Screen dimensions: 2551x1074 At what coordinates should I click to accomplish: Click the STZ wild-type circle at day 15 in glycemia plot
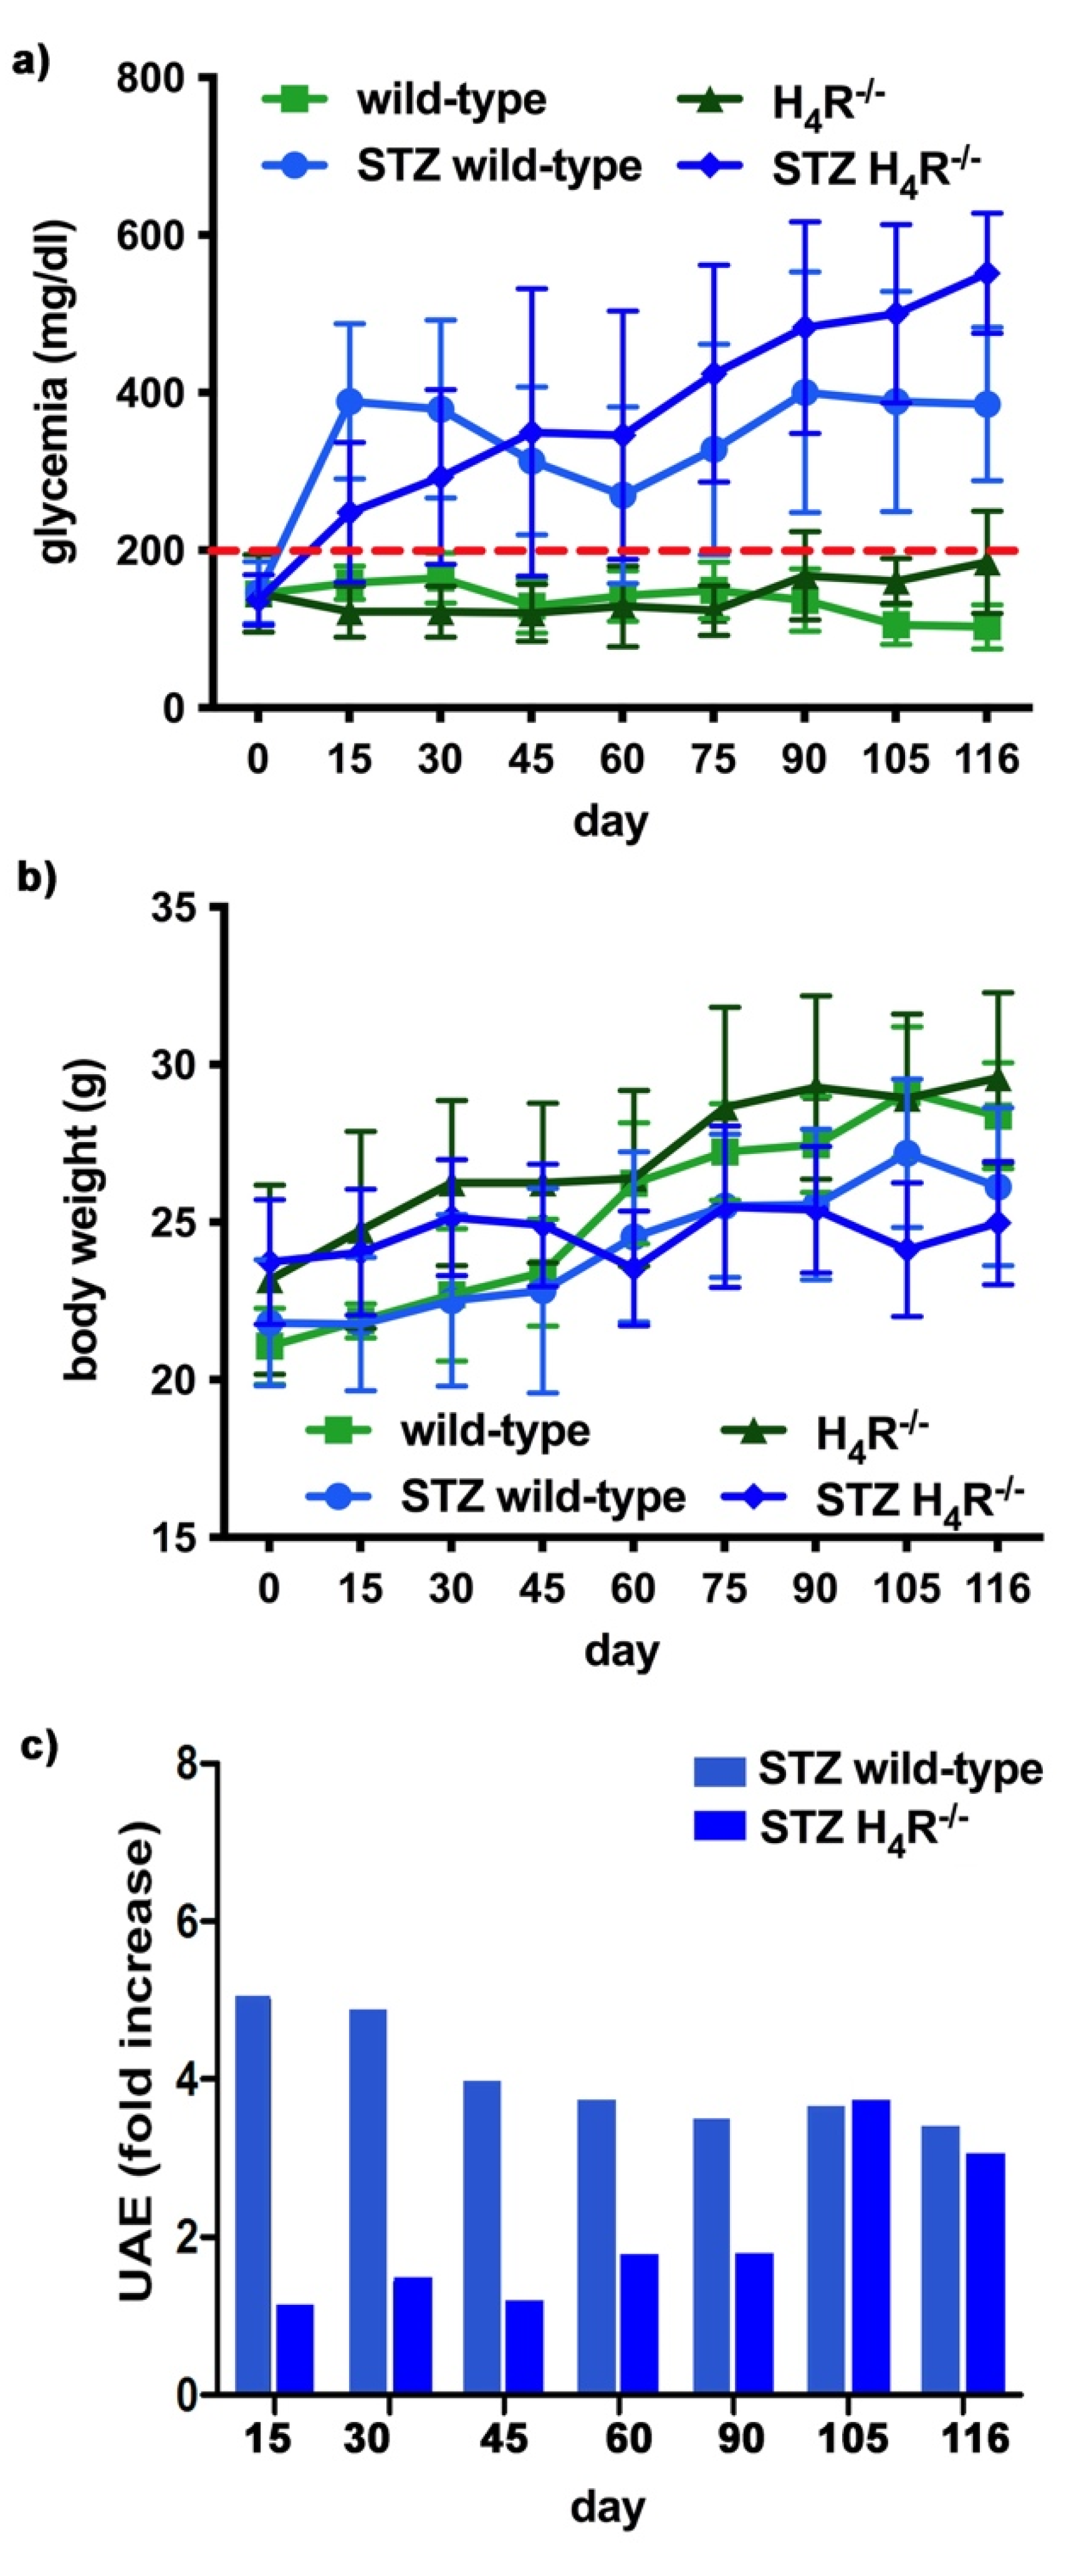(348, 401)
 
